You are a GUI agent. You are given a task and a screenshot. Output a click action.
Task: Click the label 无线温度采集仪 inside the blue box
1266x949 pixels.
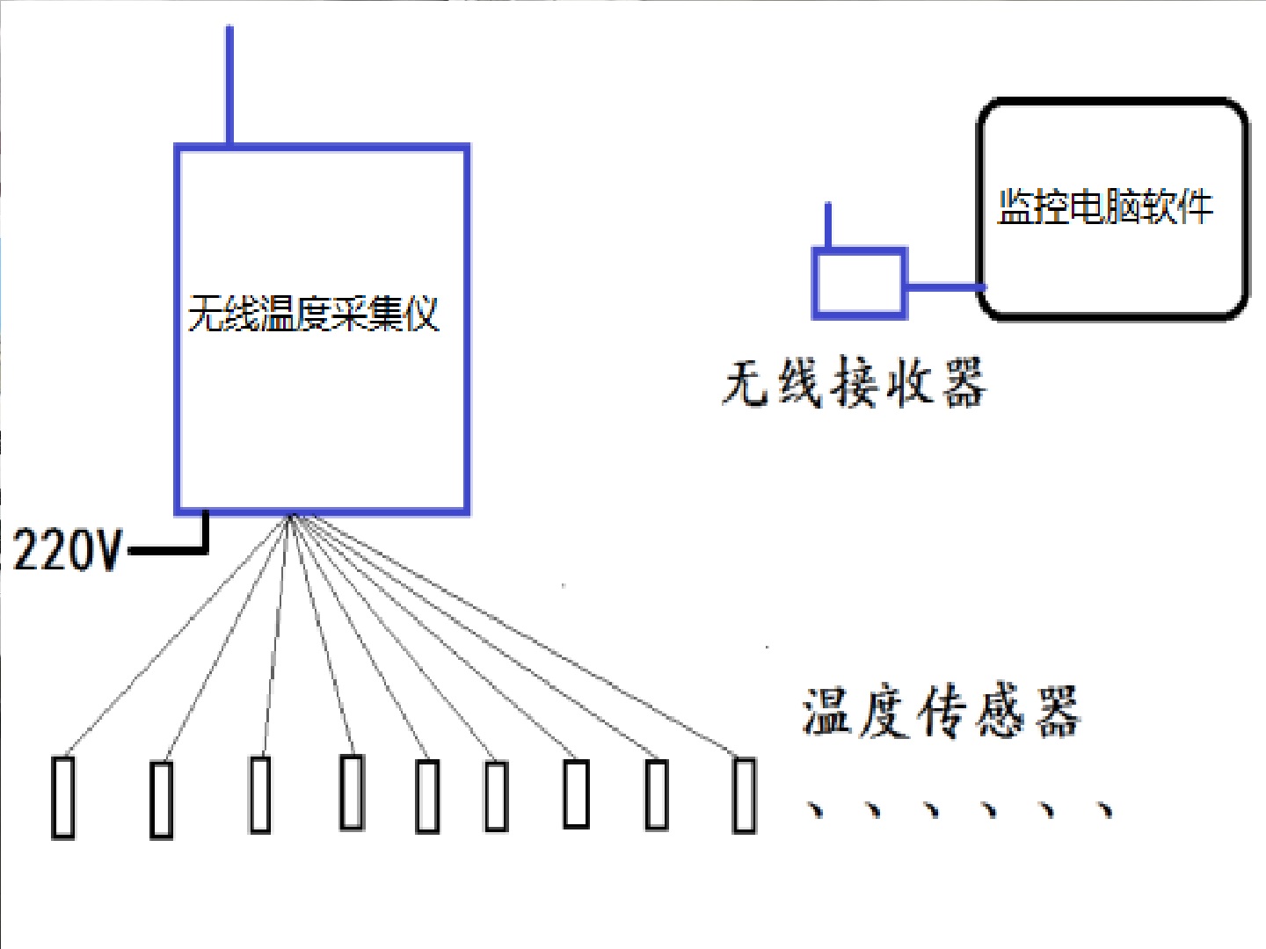(313, 313)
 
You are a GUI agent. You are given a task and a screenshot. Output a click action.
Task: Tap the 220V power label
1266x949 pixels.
(67, 552)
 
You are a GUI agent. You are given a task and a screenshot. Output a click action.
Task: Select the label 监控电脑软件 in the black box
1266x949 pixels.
(1105, 207)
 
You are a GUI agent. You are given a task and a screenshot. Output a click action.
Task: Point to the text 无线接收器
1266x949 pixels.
(854, 383)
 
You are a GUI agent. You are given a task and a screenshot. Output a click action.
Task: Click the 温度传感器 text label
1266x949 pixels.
(940, 712)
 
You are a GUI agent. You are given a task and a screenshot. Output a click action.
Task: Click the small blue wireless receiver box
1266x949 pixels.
(858, 282)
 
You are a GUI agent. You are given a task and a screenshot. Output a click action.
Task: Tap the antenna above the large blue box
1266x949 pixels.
(229, 84)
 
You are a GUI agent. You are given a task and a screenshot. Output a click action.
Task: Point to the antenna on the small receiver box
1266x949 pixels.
(827, 225)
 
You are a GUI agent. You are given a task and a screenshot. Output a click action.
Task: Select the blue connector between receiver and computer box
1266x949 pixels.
(942, 286)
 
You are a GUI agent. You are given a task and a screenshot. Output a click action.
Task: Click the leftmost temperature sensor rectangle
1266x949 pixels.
(62, 797)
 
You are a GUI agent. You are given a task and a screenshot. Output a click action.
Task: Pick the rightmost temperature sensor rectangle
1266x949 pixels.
(744, 795)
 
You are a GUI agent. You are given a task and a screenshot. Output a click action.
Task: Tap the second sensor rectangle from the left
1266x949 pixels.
(161, 800)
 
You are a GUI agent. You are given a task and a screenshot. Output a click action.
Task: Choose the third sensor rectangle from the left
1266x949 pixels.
(260, 794)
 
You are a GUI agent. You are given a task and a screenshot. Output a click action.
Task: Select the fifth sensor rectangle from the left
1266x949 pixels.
(427, 796)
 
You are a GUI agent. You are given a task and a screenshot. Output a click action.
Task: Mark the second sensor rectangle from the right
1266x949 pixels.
(656, 794)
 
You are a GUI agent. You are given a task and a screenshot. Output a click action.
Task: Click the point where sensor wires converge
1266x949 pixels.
(293, 518)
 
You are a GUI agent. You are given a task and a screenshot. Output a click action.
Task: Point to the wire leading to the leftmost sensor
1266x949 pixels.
(176, 638)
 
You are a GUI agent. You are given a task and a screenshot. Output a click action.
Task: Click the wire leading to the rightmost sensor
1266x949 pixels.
(519, 636)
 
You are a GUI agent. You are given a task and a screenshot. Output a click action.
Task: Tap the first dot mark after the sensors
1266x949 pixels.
(818, 808)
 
